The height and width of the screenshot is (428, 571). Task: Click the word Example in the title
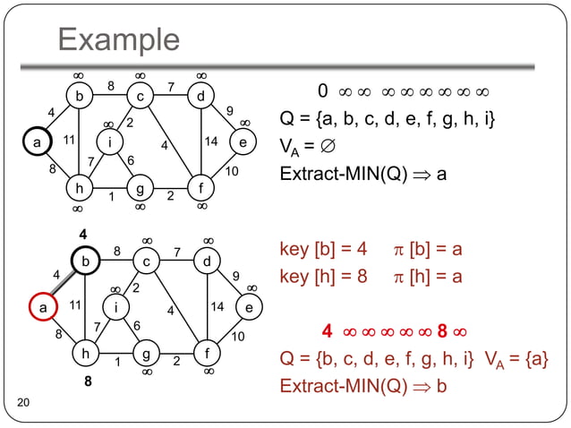[x=118, y=39]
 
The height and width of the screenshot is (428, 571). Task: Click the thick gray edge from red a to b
[x=61, y=284]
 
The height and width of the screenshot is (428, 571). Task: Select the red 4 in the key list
[x=328, y=333]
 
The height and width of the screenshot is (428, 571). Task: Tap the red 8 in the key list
[x=442, y=333]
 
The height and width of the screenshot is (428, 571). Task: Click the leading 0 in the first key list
[x=323, y=91]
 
